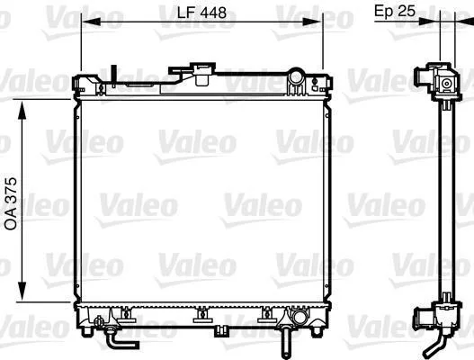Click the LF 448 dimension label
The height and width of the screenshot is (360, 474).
pos(201,13)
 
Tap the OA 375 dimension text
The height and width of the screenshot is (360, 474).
pos(11,203)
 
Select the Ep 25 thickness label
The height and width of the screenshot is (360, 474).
pos(395,11)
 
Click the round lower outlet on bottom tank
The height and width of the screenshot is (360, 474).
pos(300,317)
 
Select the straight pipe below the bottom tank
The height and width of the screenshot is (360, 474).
pos(285,343)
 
